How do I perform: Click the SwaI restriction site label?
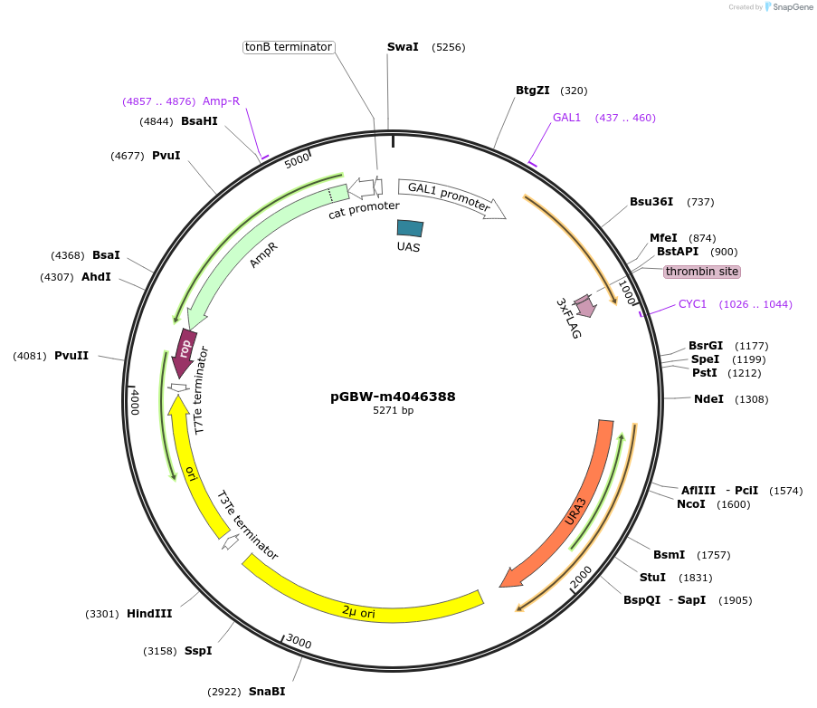403,47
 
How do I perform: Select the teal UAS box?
410,230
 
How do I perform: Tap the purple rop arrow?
184,349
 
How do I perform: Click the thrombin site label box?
701,272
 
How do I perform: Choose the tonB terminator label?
290,47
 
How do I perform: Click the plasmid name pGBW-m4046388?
393,397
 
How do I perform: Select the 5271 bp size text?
393,411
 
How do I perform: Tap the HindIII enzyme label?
149,614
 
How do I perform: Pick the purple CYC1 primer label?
692,304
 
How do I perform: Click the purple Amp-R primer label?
221,101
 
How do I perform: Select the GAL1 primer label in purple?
566,118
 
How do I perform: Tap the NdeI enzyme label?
708,399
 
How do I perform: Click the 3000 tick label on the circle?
299,643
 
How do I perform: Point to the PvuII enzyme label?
71,356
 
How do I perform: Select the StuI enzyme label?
652,578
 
